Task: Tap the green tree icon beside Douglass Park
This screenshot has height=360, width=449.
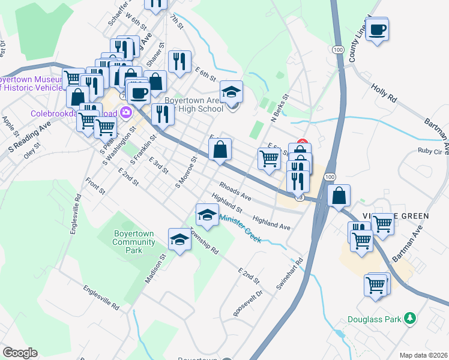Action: (410, 317)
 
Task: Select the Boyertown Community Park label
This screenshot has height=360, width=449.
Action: (134, 242)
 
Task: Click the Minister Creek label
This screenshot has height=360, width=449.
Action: (240, 229)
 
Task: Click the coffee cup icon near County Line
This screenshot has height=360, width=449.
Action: (377, 29)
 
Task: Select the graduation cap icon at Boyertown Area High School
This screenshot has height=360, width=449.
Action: (232, 92)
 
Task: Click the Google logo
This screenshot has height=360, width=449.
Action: (20, 353)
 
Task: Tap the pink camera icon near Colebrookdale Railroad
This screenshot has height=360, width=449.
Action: (126, 112)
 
